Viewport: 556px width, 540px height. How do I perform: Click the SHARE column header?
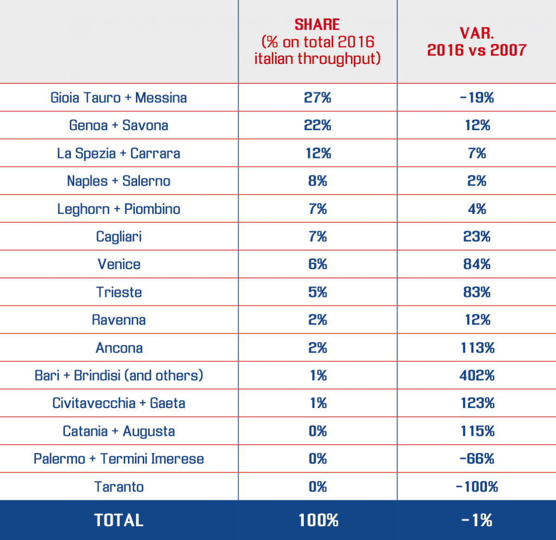pos(317,42)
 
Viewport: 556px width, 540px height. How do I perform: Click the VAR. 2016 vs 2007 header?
pos(477,42)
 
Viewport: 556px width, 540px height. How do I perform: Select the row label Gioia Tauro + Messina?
pos(119,98)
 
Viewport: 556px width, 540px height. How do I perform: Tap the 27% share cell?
pos(317,98)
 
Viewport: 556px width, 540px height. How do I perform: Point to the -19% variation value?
pos(477,98)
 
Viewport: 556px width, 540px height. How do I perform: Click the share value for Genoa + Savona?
pos(317,126)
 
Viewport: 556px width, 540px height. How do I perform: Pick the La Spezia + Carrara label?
pos(119,153)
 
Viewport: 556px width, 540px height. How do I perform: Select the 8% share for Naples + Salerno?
pos(317,181)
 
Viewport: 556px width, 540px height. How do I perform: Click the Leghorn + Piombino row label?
pos(119,209)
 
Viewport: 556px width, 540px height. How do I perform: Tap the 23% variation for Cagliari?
pos(477,237)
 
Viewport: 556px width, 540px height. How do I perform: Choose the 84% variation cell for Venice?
pos(477,264)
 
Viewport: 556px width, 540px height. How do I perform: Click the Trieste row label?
pos(119,292)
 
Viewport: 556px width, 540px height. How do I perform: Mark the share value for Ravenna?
pos(317,320)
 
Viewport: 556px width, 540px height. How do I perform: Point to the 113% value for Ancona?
pos(477,348)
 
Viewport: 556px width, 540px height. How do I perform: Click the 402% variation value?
pos(477,376)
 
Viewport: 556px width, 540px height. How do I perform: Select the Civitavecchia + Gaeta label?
pos(119,403)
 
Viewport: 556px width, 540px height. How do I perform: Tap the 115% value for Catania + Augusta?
pos(477,431)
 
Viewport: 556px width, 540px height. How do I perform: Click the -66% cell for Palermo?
pos(477,459)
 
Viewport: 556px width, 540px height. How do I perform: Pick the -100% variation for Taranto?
pos(477,487)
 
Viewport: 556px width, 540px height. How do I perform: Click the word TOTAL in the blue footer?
pos(119,520)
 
